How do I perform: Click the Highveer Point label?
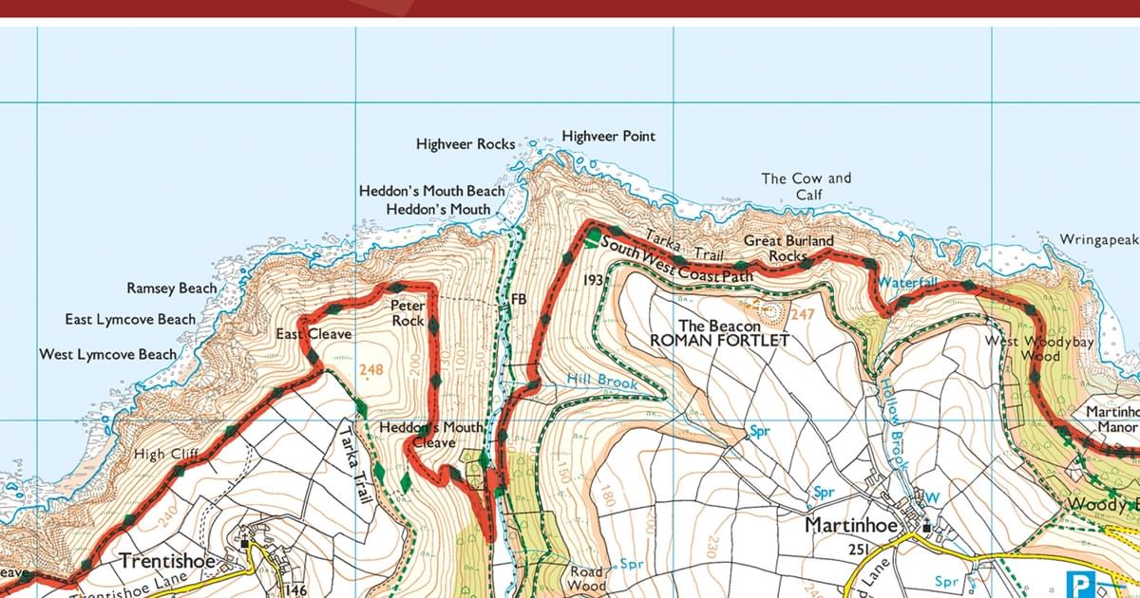[x=608, y=137]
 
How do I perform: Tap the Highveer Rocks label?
[x=465, y=144]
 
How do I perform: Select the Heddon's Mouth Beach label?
[x=431, y=191]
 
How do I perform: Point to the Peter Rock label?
[x=408, y=313]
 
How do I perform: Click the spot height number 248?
[x=372, y=369]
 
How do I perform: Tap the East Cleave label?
[x=313, y=334]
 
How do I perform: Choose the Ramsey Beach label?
[x=171, y=288]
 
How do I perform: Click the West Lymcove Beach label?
[x=107, y=354]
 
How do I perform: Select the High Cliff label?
[x=165, y=455]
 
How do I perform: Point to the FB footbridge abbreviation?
[x=519, y=299]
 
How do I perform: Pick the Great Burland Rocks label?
[x=788, y=248]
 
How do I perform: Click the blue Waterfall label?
[x=907, y=283]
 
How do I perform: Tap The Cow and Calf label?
[x=807, y=186]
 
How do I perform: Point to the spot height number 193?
[x=593, y=280]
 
